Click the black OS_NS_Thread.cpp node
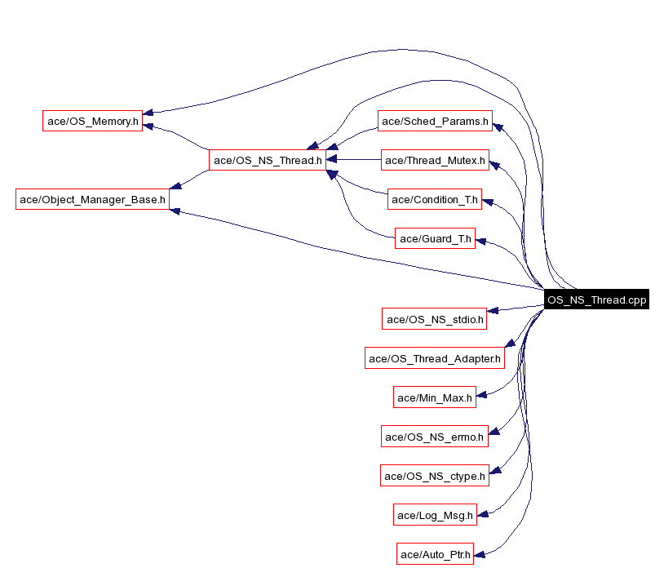point(596,300)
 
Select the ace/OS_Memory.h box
point(92,121)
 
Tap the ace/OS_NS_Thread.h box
point(268,160)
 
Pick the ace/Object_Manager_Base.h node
point(92,198)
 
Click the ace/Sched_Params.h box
point(435,121)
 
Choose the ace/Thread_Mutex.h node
point(435,160)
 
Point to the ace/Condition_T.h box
point(434,198)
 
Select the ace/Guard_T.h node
point(434,238)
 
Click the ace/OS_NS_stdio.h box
point(435,318)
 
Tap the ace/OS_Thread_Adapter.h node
point(434,357)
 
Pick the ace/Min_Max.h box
point(434,397)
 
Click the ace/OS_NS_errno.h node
point(435,437)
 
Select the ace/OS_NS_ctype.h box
point(435,475)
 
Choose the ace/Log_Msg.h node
point(434,514)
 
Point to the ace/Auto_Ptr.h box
point(434,554)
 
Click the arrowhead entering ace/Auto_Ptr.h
point(480,554)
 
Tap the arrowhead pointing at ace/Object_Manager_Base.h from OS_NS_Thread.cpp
point(175,211)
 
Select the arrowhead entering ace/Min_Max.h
point(481,396)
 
